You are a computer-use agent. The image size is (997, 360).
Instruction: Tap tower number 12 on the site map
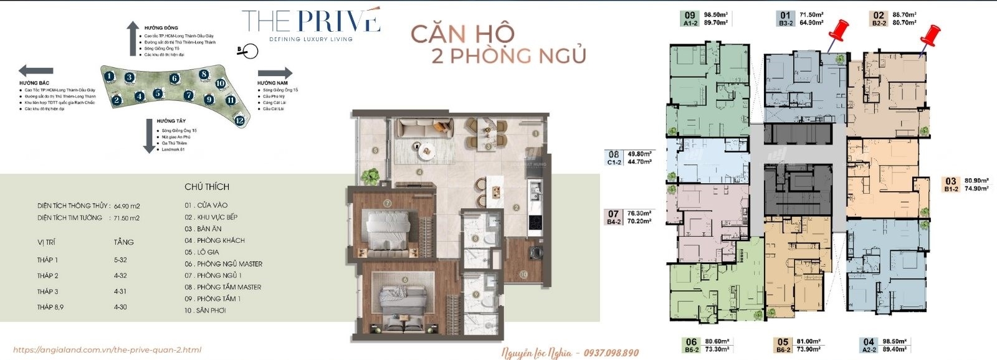239,120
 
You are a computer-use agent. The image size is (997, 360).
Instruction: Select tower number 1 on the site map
110,77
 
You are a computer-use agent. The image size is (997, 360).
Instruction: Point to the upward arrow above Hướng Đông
132,38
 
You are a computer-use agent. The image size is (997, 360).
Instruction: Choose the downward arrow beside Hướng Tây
148,136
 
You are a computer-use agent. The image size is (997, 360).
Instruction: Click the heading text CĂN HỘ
462,34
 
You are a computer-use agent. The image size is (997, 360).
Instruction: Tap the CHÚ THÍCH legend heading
207,187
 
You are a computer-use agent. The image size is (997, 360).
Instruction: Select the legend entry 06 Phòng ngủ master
223,263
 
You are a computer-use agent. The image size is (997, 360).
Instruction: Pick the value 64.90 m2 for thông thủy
126,206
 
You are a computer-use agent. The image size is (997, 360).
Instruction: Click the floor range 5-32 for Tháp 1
120,260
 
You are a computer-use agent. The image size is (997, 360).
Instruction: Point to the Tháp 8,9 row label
50,307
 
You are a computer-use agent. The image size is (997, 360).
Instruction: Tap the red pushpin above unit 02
931,36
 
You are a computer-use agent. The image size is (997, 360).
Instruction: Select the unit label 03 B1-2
951,185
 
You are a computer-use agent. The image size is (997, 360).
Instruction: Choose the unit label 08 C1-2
614,158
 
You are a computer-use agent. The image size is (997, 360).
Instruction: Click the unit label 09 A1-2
690,19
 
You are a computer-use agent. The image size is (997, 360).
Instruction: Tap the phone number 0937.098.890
611,353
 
